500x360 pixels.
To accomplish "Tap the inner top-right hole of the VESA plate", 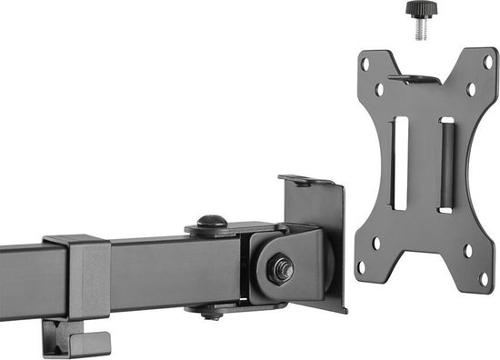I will [470, 90].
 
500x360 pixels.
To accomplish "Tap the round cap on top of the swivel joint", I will [212, 222].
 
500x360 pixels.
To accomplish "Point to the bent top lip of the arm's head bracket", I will [305, 181].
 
